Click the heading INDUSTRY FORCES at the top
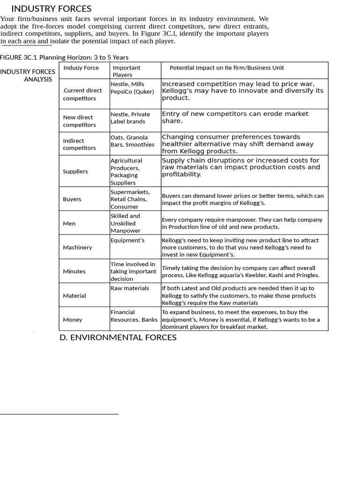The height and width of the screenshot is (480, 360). (51, 8)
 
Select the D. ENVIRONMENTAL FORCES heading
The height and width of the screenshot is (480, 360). (118, 337)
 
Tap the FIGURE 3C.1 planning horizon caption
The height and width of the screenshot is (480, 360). (64, 57)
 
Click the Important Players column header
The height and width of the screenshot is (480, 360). (126, 71)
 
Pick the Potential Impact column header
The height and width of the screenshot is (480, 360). (226, 67)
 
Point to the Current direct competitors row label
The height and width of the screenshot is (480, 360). (82, 94)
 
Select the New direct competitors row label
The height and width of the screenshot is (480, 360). (79, 121)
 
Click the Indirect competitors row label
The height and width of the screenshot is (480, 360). (79, 144)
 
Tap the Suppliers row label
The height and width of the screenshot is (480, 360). (75, 171)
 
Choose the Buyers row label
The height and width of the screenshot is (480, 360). (72, 199)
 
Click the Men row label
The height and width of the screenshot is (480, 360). (69, 224)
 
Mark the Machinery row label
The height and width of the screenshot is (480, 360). (77, 247)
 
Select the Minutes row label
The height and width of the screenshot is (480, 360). (74, 271)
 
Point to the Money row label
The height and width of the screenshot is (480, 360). (72, 320)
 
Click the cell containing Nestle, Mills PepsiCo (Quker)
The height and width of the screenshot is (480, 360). (132, 88)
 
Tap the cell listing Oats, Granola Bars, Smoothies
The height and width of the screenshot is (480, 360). (132, 141)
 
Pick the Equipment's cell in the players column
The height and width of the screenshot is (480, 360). (127, 240)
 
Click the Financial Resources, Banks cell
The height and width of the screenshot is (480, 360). (134, 316)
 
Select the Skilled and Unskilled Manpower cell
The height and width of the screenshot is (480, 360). (126, 223)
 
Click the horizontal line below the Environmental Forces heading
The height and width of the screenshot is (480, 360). (59, 414)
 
